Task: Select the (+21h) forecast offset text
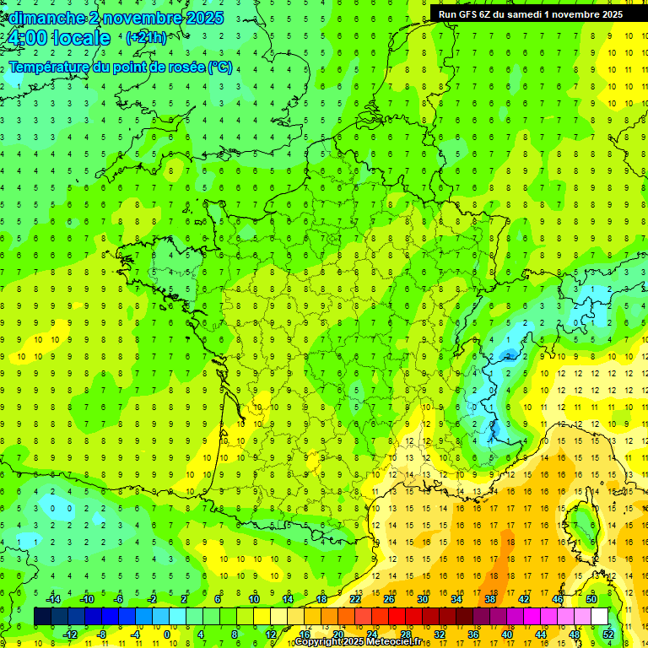146,38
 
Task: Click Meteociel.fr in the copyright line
388,642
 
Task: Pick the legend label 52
608,634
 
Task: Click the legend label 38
490,600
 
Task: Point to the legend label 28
406,634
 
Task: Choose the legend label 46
558,600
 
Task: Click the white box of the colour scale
600,617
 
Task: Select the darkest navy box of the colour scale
42,617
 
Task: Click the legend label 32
440,634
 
